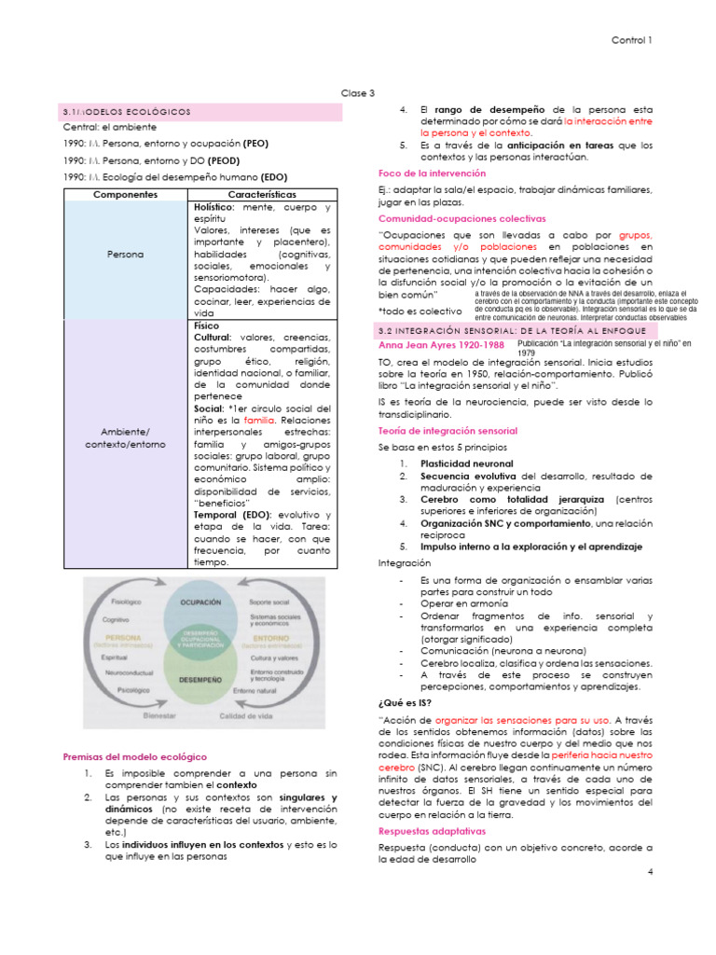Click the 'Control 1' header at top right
(631, 40)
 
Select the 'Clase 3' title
(358, 92)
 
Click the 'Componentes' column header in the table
(126, 194)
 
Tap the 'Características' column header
(262, 194)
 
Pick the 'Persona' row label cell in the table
(126, 254)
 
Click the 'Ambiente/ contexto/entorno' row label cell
(126, 437)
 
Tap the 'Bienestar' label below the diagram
(159, 716)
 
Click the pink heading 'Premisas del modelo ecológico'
(134, 756)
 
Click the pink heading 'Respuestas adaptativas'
(432, 830)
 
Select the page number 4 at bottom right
(649, 870)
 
